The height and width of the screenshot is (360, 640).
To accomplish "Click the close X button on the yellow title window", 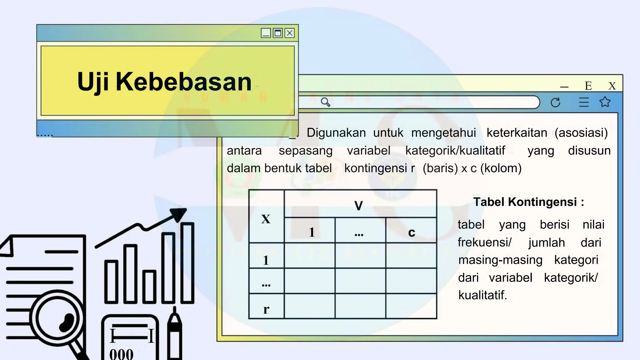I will click(x=290, y=33).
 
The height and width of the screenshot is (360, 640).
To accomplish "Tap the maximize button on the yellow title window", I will click(x=277, y=33).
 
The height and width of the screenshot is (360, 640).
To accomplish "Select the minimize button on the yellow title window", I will click(x=266, y=33).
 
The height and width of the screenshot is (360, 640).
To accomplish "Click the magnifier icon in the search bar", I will click(x=325, y=102).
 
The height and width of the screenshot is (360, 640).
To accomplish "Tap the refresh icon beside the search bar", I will click(x=555, y=102).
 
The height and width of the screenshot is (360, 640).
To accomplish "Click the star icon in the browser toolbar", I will click(x=605, y=102).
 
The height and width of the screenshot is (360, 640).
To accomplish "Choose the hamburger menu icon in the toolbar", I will click(x=583, y=102).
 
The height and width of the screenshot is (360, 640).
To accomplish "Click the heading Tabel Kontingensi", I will click(x=528, y=202).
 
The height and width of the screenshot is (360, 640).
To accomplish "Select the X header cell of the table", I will click(x=266, y=219).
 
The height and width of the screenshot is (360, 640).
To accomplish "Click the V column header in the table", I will click(x=359, y=206).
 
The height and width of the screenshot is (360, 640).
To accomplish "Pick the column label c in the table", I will click(x=412, y=232).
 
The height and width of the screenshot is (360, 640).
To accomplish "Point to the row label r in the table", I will click(x=266, y=309).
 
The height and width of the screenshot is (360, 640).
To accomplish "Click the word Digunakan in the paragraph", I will click(x=336, y=133).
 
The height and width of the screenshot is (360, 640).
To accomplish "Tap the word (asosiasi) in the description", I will click(x=581, y=133).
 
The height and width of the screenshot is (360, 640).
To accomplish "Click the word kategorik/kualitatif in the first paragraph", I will click(x=455, y=151).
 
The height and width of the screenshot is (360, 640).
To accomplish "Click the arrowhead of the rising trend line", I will click(x=179, y=214).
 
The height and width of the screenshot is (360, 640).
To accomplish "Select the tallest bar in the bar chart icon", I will click(x=187, y=262).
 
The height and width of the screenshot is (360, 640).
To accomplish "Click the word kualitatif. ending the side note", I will click(x=482, y=295).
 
